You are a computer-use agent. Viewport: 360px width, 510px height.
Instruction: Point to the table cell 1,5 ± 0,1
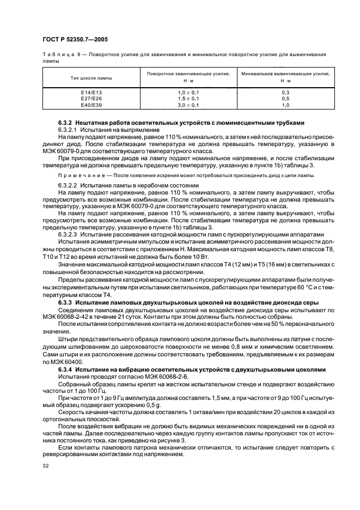tap(188, 99)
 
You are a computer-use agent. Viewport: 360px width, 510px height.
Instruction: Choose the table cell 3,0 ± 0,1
tap(188, 105)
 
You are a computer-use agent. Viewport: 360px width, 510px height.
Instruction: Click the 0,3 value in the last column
tap(285, 93)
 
